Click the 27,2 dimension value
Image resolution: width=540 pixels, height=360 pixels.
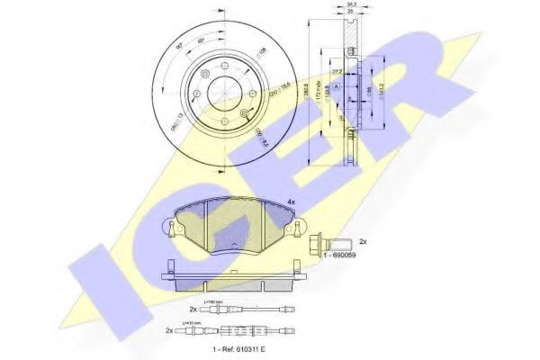[x=337, y=69]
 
